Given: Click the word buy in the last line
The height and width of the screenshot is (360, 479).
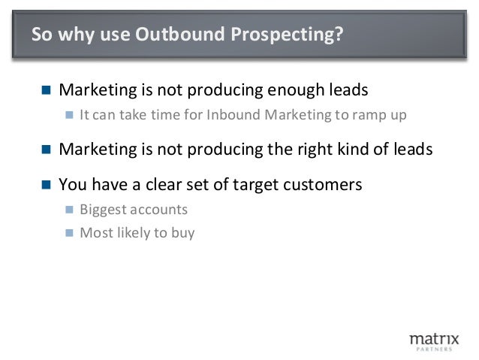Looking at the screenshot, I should pos(182,232).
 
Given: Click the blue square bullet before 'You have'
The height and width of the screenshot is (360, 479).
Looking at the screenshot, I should pos(46,183).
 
